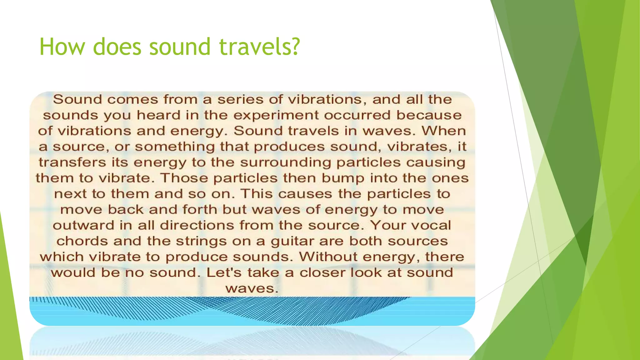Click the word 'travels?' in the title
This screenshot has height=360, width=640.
click(259, 47)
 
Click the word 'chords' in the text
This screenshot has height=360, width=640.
click(82, 241)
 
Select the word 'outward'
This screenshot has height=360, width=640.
click(83, 225)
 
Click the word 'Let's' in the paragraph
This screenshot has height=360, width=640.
click(224, 272)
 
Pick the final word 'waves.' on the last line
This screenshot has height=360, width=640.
click(252, 288)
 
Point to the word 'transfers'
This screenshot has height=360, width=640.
click(72, 162)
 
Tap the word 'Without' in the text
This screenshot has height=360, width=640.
click(328, 257)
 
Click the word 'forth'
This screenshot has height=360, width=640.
click(200, 209)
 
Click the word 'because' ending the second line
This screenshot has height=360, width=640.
click(429, 115)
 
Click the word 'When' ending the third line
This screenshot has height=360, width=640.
click(444, 131)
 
